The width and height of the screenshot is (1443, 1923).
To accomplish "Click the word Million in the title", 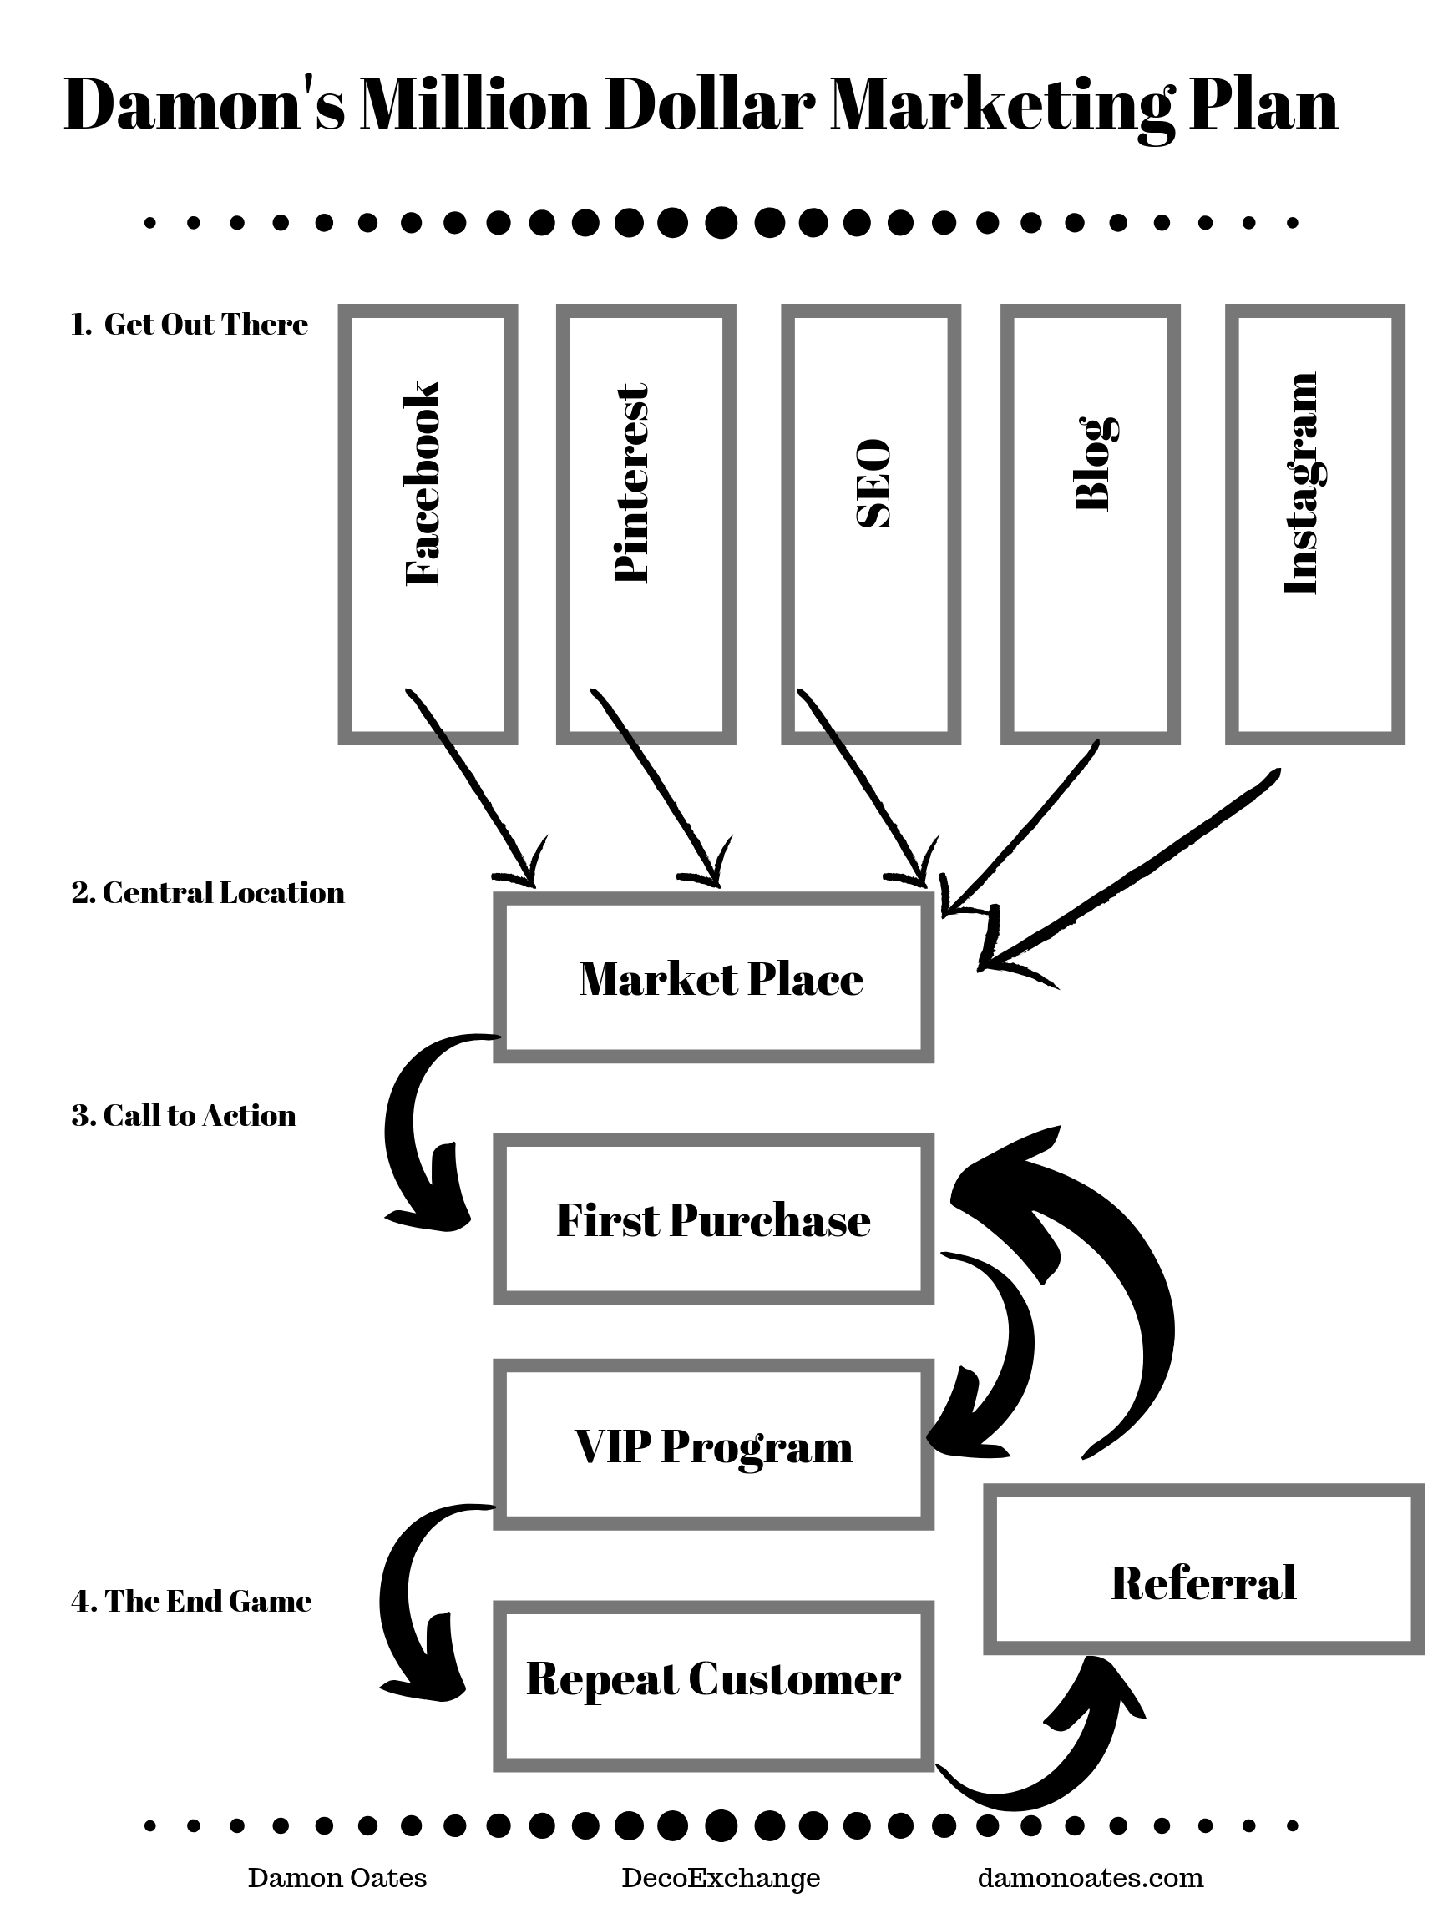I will tap(474, 104).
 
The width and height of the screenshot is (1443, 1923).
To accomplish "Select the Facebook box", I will tap(427, 524).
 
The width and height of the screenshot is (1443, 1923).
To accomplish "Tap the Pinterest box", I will tap(646, 524).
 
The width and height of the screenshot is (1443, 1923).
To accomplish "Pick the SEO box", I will tap(871, 524).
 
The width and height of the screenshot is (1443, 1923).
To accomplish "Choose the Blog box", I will tap(1090, 524).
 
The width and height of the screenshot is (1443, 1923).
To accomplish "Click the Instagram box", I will tap(1314, 524).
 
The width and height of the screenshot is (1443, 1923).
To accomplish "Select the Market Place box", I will tap(713, 978).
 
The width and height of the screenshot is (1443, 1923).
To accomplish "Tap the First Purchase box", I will tap(713, 1219).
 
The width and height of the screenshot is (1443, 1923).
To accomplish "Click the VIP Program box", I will tap(713, 1445).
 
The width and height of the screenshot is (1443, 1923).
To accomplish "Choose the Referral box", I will tap(1203, 1582).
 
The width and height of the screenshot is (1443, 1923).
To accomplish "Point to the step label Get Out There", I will tap(190, 325).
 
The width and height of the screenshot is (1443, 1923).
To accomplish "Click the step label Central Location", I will tap(208, 893).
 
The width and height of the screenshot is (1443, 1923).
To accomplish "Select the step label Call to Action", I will tap(184, 1115).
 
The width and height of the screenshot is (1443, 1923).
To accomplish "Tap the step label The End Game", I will tap(191, 1601).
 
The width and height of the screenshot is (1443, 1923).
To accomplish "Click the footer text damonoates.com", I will tap(1090, 1877).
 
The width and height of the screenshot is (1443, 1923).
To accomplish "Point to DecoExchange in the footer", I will tap(720, 1877).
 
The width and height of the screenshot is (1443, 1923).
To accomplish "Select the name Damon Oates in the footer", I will tap(337, 1877).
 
